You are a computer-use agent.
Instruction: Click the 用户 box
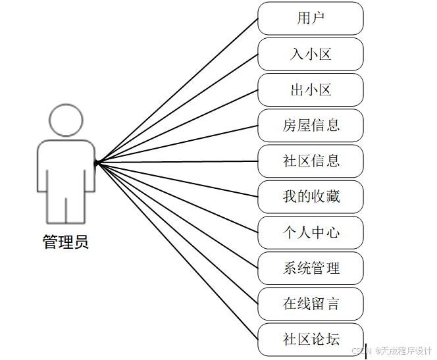[310, 18]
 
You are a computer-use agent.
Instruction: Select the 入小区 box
[310, 54]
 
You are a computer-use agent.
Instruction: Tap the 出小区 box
[310, 90]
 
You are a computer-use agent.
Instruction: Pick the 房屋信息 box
[310, 125]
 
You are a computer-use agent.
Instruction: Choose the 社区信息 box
[310, 161]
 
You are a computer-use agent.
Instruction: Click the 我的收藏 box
[310, 196]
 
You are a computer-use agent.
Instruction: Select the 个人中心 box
[310, 232]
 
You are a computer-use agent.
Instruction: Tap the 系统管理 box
[310, 268]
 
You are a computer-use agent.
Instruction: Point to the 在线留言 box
[310, 303]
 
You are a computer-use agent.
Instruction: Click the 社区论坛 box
[310, 339]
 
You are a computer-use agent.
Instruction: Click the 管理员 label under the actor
[66, 242]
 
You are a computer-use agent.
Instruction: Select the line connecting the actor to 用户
[178, 90]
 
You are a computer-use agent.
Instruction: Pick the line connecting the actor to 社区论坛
[178, 251]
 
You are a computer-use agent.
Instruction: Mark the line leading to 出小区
[178, 125]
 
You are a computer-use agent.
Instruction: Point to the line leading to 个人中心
[178, 197]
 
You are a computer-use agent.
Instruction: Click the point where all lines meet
[96, 162]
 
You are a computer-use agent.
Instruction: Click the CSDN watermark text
[392, 351]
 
